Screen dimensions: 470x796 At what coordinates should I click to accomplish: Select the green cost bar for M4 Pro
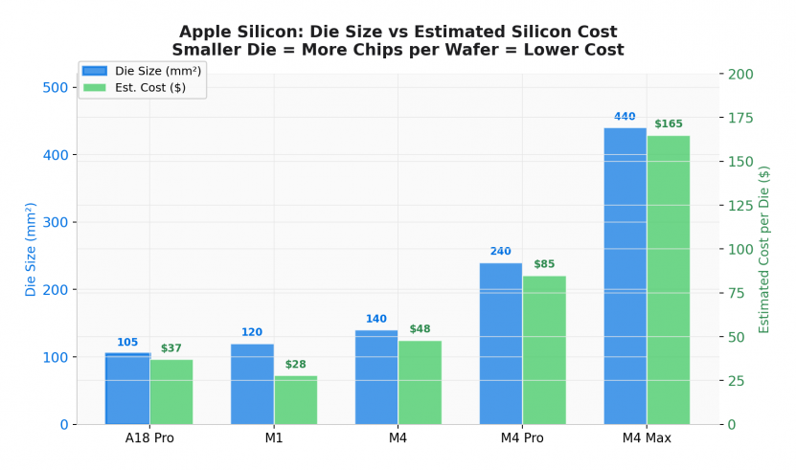544,349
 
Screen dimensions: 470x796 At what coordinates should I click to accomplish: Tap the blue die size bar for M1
252,384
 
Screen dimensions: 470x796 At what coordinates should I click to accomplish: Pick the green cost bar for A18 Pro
171,392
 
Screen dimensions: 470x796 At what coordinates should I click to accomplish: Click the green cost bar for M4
420,382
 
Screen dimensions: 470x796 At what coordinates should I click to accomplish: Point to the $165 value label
669,124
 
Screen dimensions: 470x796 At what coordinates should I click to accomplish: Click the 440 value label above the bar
625,117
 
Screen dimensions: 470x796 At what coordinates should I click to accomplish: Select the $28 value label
295,365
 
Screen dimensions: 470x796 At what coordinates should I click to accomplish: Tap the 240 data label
501,252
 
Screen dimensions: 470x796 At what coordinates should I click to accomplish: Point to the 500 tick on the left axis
57,88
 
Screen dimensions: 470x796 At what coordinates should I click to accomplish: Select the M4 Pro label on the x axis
522,438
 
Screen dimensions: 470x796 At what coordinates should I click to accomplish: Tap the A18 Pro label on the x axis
149,438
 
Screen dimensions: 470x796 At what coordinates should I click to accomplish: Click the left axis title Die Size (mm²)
32,249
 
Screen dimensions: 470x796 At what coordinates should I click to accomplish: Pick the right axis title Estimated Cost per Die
764,249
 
